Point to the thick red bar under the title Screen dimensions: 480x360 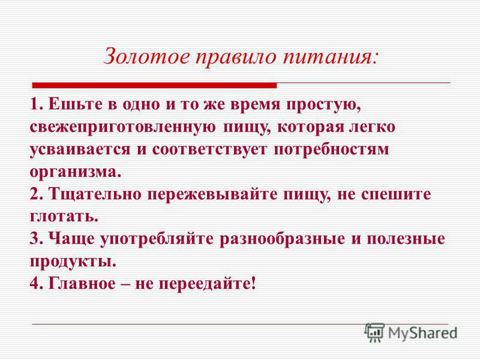155,85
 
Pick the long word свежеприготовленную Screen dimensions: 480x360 122,127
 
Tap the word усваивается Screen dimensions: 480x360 80,149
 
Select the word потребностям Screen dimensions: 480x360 331,149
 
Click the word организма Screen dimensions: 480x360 76,172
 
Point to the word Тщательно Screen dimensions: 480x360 95,194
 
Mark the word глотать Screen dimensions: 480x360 64,217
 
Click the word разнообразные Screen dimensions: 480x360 282,239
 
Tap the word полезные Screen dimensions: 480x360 406,239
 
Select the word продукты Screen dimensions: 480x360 73,262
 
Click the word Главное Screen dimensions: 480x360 82,284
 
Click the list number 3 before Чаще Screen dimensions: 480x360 35,239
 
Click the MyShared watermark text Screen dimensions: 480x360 423,333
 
